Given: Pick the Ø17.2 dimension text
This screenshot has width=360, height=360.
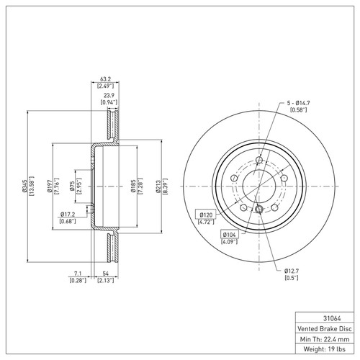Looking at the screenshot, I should tap(70, 214).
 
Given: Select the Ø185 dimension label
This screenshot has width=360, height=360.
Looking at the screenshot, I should tap(134, 186).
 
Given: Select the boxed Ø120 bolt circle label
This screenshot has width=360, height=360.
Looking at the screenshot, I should tap(207, 214).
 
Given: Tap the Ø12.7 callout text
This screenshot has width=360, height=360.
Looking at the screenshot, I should tap(292, 271).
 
